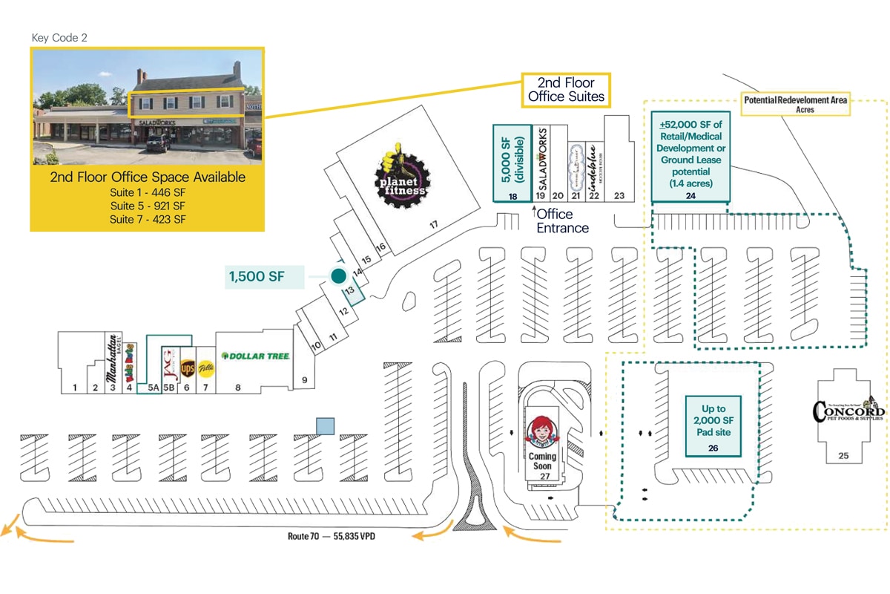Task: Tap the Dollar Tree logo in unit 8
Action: [255, 356]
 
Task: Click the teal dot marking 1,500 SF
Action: [339, 276]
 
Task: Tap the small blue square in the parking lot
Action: [325, 425]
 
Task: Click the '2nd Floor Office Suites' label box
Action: [566, 90]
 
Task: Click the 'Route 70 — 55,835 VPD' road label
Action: [332, 535]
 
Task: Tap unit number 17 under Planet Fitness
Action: [434, 223]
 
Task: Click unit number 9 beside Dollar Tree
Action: [303, 380]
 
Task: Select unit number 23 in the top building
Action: [620, 196]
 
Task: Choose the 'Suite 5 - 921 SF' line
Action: [147, 206]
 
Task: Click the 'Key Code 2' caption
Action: [59, 37]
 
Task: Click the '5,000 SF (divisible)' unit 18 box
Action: [512, 163]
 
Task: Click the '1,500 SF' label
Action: [256, 277]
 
